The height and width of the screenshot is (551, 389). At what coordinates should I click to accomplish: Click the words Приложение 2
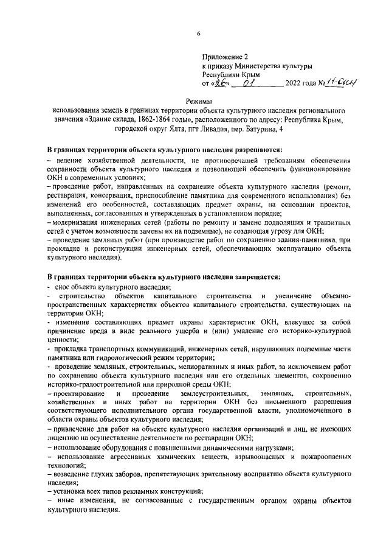(x=222, y=57)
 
